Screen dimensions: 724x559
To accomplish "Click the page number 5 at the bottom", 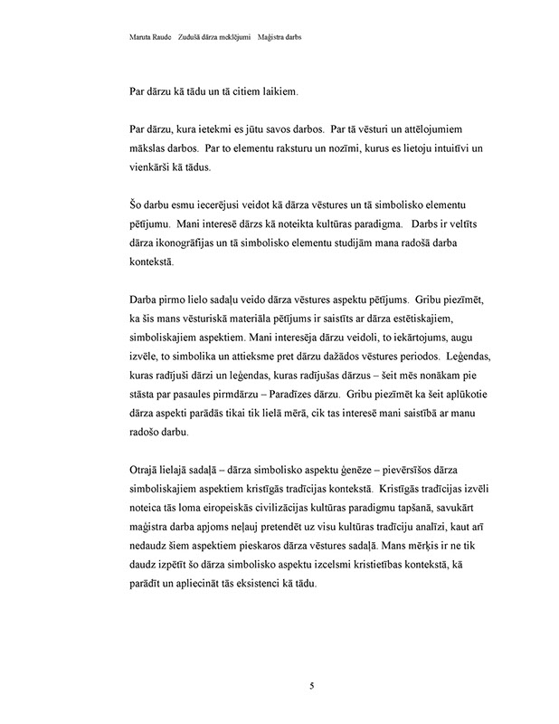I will point(311,685).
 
